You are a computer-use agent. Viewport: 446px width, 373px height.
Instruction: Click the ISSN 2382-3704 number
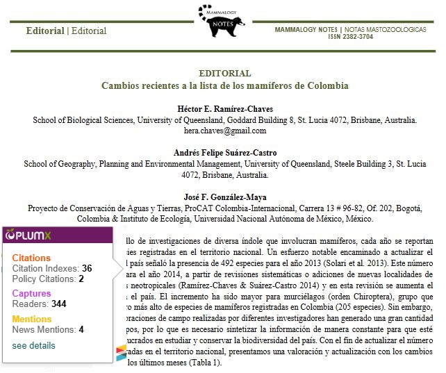coord(350,37)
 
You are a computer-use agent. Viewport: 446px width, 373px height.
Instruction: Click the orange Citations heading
coord(31,258)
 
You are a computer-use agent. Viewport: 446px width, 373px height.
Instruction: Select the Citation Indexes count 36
coord(87,268)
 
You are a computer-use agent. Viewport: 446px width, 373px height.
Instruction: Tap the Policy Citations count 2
coord(81,279)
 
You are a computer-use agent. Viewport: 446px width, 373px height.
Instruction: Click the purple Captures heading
coord(31,294)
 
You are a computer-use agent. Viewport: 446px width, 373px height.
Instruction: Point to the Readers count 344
coord(58,304)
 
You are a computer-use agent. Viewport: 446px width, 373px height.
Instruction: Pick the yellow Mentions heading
coord(32,319)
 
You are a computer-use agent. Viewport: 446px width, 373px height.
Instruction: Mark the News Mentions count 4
coord(81,329)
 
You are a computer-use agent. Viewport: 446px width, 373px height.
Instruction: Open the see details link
coord(33,345)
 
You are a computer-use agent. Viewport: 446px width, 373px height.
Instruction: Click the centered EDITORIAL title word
coord(224,74)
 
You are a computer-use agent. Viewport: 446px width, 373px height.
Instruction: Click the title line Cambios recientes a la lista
coord(224,86)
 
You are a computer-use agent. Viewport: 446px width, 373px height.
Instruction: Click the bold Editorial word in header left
coord(45,31)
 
